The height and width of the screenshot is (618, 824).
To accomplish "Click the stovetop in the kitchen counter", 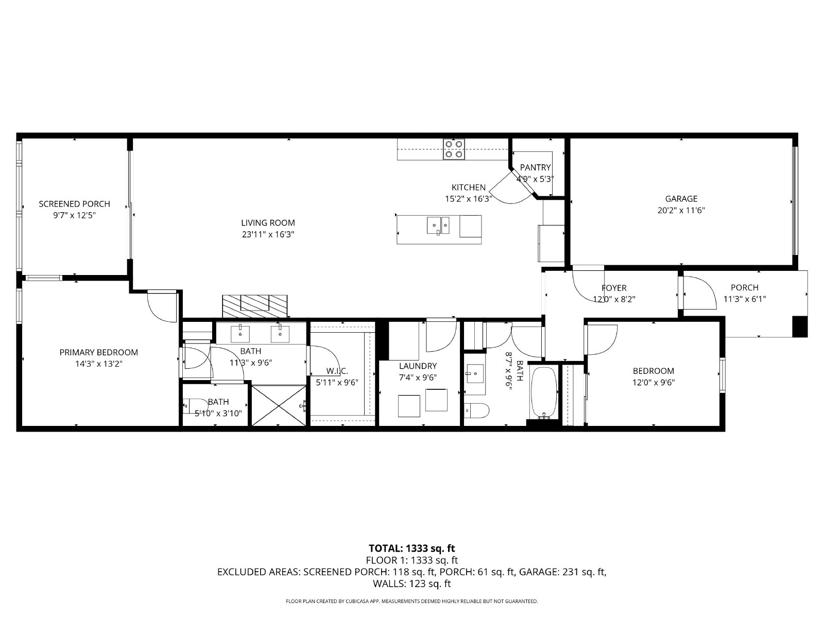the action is (454, 149).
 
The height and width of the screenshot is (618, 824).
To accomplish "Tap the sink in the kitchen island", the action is (438, 226).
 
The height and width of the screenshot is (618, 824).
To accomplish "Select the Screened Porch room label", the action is (74, 204).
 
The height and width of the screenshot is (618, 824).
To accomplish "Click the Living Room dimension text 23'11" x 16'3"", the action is (268, 234).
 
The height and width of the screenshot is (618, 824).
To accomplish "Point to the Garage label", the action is (681, 198).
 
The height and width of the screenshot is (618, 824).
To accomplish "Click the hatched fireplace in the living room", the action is (254, 306).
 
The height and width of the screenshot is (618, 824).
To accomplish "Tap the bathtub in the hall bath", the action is (543, 392).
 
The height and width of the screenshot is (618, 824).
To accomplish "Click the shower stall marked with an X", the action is (279, 405).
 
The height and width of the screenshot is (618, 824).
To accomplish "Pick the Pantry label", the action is (535, 167).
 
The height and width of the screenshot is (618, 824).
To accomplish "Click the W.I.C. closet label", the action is (337, 371).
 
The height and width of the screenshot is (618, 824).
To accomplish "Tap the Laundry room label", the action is (418, 366).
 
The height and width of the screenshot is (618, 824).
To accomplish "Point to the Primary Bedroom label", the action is (99, 352).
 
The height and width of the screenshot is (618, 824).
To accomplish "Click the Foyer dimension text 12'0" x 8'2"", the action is (614, 299).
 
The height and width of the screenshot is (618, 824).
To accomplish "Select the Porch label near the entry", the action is (744, 287).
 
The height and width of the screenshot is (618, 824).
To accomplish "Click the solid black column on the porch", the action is (800, 327).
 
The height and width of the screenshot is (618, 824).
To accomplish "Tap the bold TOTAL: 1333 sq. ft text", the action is (412, 548).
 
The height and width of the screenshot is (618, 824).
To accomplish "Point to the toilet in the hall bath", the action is (476, 411).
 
